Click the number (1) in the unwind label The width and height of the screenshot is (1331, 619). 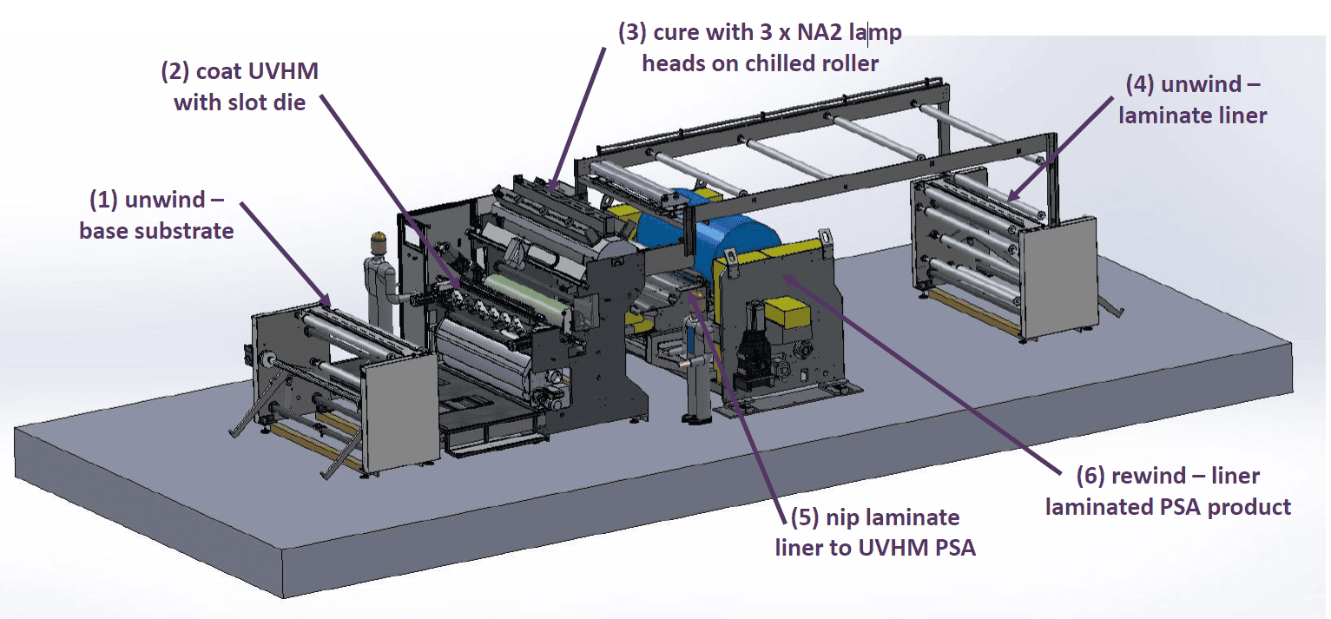coord(104,200)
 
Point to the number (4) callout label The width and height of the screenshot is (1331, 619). coord(1139,85)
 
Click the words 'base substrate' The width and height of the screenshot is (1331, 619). coord(156,231)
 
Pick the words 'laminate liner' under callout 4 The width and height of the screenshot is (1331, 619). coord(1192,115)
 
